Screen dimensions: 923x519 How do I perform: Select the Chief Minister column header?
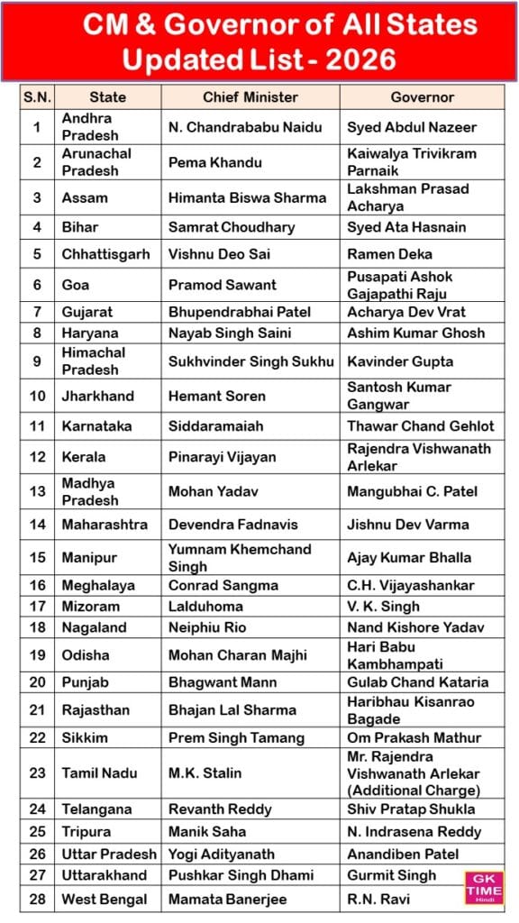tap(250, 97)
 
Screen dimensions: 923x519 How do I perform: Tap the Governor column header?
tap(422, 97)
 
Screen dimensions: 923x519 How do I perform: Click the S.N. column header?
tap(37, 97)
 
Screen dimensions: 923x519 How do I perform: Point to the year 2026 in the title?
tap(353, 59)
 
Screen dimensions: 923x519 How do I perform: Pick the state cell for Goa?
tap(76, 285)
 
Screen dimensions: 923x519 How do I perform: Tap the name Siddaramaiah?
tap(214, 426)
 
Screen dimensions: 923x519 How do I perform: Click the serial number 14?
tap(37, 524)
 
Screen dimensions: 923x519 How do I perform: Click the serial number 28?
tap(37, 899)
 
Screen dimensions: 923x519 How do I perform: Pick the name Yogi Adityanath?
tap(223, 854)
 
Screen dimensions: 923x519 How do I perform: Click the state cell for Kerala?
tap(83, 457)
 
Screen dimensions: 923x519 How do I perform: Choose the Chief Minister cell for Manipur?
tap(239, 557)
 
